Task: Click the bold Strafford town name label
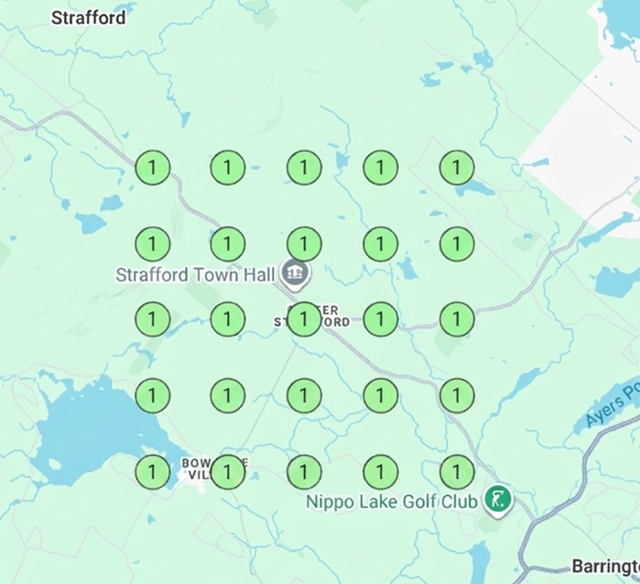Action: [x=89, y=18]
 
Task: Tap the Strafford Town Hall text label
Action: [x=195, y=275]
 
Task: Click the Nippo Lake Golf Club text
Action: [x=391, y=502]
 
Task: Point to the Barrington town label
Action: [x=605, y=566]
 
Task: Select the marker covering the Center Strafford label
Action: [x=304, y=319]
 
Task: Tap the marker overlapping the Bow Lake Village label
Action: [x=228, y=472]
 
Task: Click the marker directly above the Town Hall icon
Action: [x=304, y=243]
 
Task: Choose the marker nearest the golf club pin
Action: [x=457, y=472]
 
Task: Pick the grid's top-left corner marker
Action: [x=153, y=168]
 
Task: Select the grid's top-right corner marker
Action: [x=457, y=168]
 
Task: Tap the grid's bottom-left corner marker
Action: [x=153, y=472]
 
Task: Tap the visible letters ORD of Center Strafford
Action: [x=338, y=322]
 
